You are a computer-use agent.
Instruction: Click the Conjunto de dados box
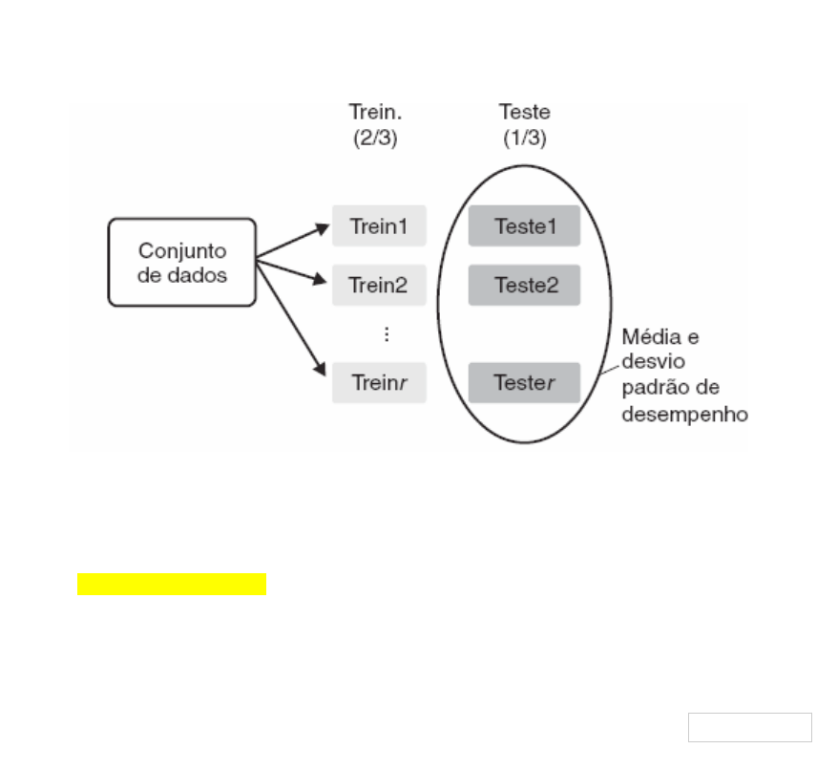tap(181, 262)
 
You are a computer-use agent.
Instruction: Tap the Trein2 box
tap(379, 285)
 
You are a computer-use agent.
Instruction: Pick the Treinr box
tap(379, 383)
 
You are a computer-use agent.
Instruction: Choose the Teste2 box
tap(524, 285)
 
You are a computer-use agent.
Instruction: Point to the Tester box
tap(524, 383)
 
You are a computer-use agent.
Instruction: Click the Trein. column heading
tap(374, 113)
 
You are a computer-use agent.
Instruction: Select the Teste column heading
tap(524, 113)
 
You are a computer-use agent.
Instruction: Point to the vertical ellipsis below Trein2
tap(387, 334)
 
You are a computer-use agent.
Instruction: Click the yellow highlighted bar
tap(172, 585)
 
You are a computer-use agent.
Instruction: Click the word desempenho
tap(684, 416)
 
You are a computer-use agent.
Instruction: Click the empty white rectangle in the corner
tap(749, 727)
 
